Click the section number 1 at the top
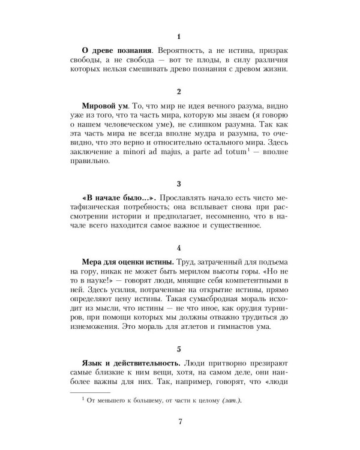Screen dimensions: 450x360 (x=179, y=37)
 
